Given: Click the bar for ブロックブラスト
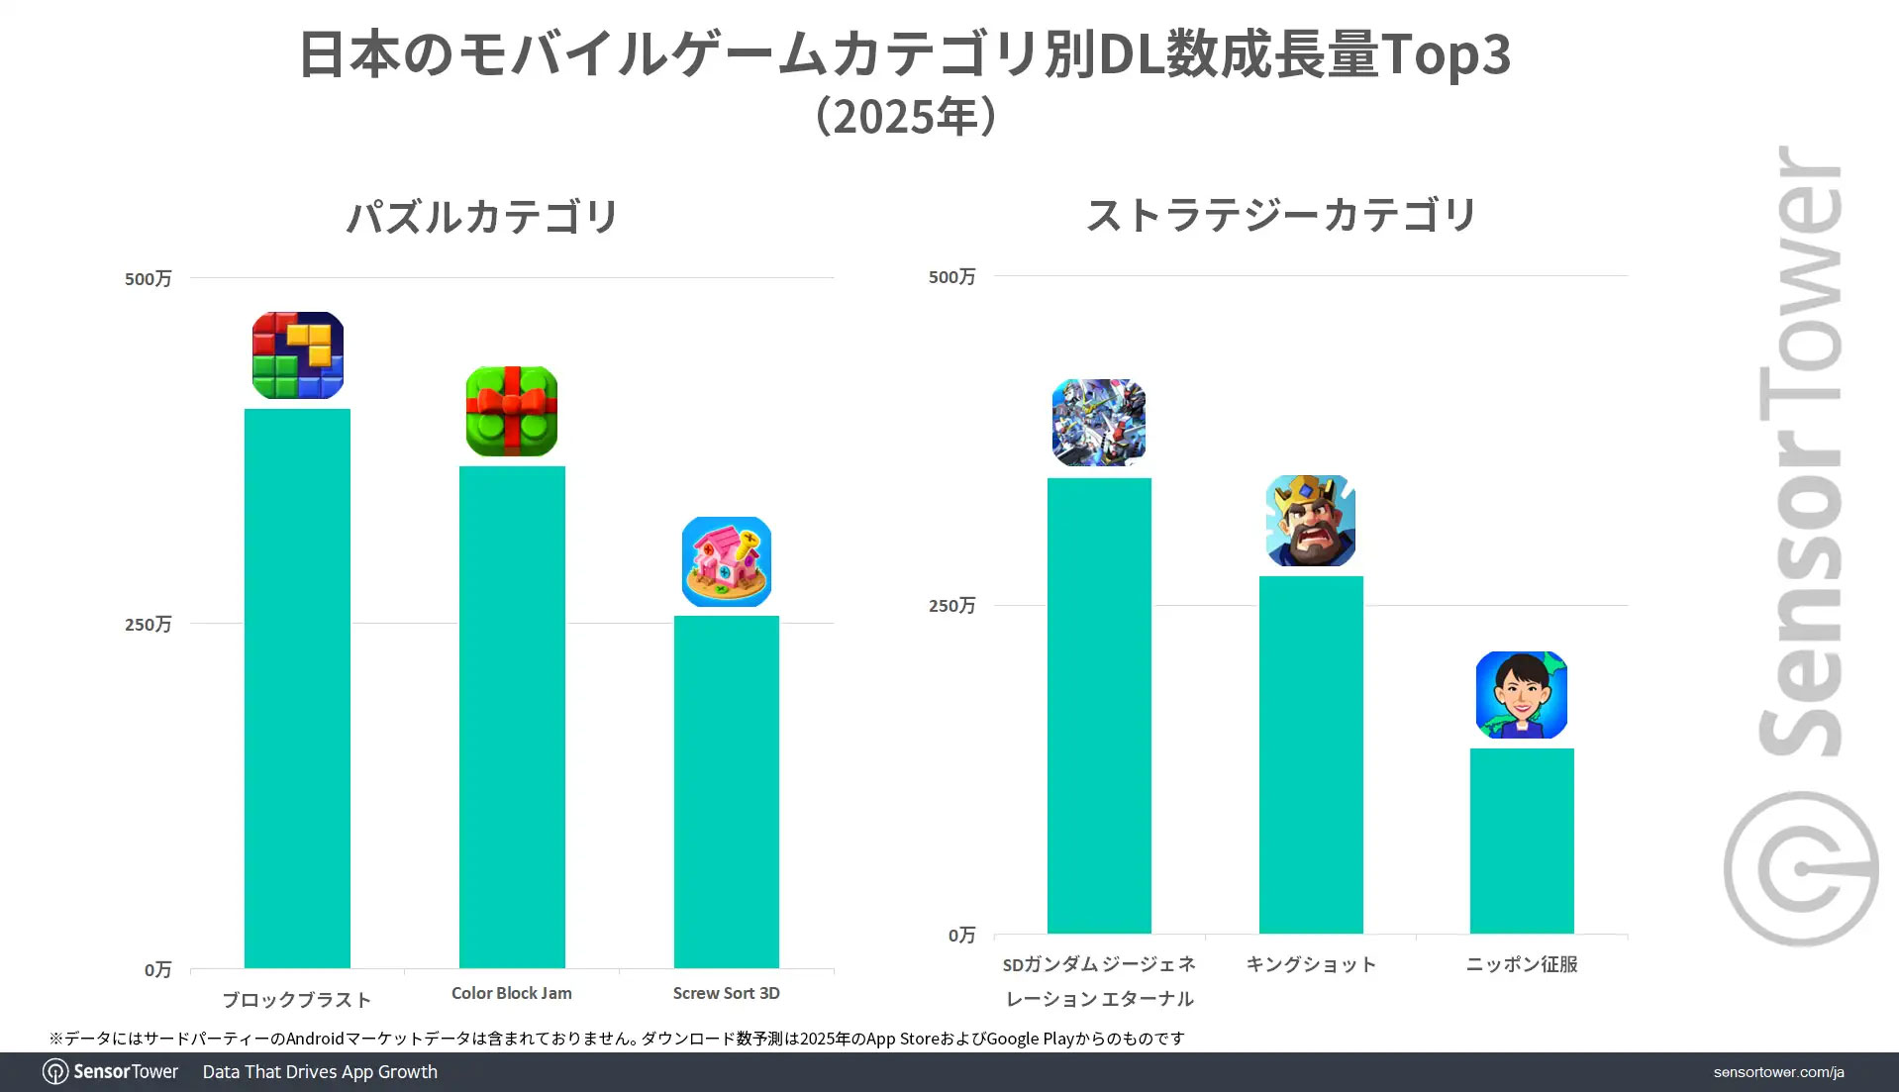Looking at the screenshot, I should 297,688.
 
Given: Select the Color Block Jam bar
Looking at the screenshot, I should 512,717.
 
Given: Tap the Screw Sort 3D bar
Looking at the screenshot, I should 726,792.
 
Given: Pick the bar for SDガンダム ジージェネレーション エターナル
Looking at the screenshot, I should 1099,705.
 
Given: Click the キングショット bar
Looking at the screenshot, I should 1311,754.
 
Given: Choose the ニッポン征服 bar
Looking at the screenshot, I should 1522,841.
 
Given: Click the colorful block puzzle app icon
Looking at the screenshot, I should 298,355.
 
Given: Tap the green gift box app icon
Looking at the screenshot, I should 512,411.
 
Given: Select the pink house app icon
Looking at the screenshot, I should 727,561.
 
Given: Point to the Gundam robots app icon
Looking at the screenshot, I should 1099,423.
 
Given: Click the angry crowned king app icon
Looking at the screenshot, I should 1311,521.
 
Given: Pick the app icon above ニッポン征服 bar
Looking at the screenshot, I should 1522,695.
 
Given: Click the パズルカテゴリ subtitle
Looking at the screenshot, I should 482,216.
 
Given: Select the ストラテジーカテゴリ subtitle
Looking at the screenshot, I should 1281,215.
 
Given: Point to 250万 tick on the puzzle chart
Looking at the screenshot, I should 149,624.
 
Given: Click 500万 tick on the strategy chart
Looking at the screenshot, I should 951,277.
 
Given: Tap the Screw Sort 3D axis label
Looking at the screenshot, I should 726,993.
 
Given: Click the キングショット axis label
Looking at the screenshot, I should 1311,964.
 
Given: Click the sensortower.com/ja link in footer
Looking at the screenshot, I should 1778,1072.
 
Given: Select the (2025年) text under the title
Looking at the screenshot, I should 905,117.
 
